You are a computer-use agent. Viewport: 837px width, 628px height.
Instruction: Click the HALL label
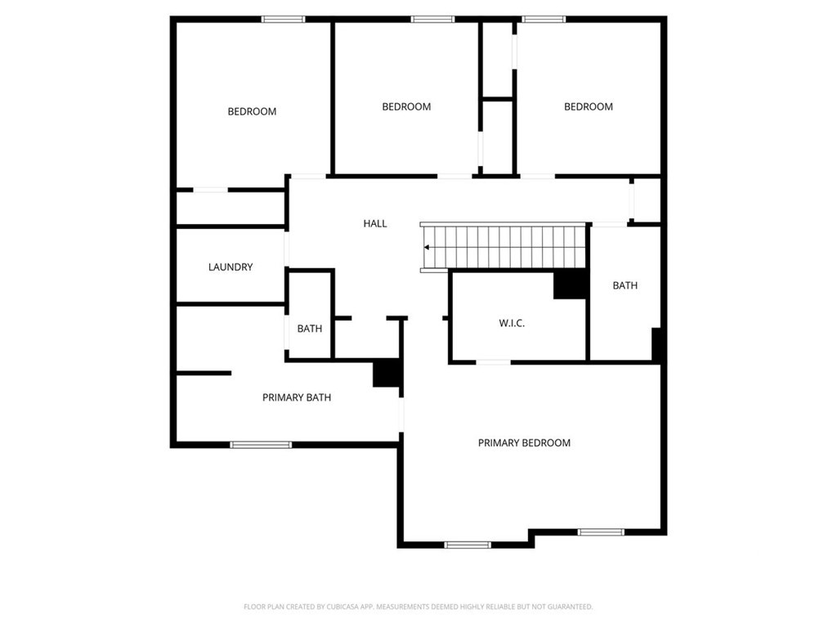coord(374,223)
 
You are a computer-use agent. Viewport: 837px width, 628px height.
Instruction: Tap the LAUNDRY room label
coord(231,267)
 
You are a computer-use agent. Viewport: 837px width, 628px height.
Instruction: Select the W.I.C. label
coord(512,323)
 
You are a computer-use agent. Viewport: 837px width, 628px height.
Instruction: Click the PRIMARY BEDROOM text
coord(524,442)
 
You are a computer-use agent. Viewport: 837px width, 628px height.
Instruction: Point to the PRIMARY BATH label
coord(297,397)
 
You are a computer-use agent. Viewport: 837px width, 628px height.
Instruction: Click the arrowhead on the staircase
coord(427,247)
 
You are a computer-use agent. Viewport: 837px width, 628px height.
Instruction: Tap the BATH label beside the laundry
coord(310,329)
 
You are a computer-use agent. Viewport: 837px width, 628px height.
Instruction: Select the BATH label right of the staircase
coord(625,285)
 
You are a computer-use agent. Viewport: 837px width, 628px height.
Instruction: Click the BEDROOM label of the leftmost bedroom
coord(252,111)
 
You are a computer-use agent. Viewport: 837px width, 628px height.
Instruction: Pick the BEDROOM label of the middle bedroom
coord(406,106)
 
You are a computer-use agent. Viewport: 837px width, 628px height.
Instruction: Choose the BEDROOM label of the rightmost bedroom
coord(589,106)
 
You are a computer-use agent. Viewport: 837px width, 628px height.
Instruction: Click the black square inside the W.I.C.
coord(570,284)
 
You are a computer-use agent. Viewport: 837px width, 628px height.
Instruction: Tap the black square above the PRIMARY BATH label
coord(387,373)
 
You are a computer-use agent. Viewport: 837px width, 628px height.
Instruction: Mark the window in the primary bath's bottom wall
coord(261,445)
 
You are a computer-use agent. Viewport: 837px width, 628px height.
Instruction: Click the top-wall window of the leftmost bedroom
coord(284,20)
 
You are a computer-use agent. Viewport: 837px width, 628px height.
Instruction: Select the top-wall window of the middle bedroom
coord(433,20)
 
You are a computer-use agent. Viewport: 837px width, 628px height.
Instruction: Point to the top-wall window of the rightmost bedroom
coord(544,20)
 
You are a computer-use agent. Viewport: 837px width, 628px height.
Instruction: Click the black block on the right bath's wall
coord(656,344)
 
